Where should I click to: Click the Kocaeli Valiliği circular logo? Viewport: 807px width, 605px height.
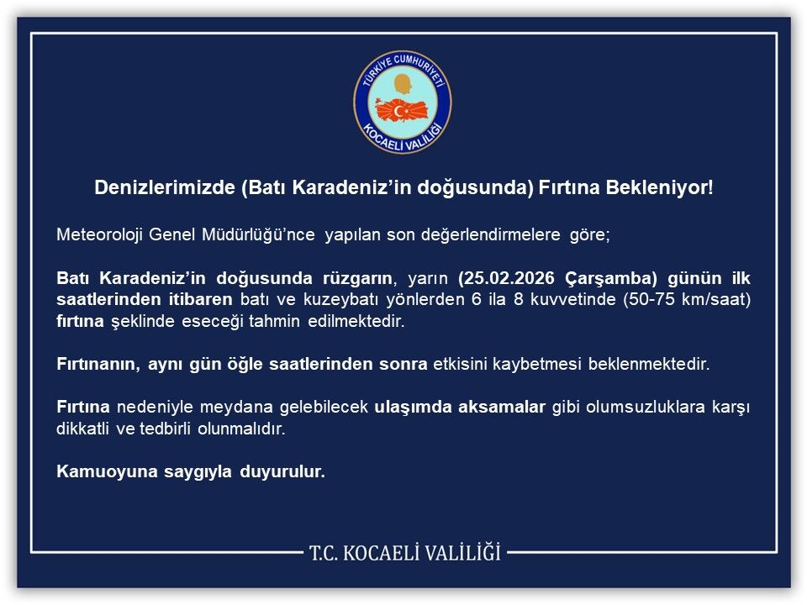tap(403, 103)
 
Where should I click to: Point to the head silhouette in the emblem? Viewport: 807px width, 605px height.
tap(403, 84)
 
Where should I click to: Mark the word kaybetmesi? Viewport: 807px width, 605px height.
tap(558, 365)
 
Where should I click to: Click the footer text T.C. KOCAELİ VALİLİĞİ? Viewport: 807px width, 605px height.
tap(404, 553)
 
